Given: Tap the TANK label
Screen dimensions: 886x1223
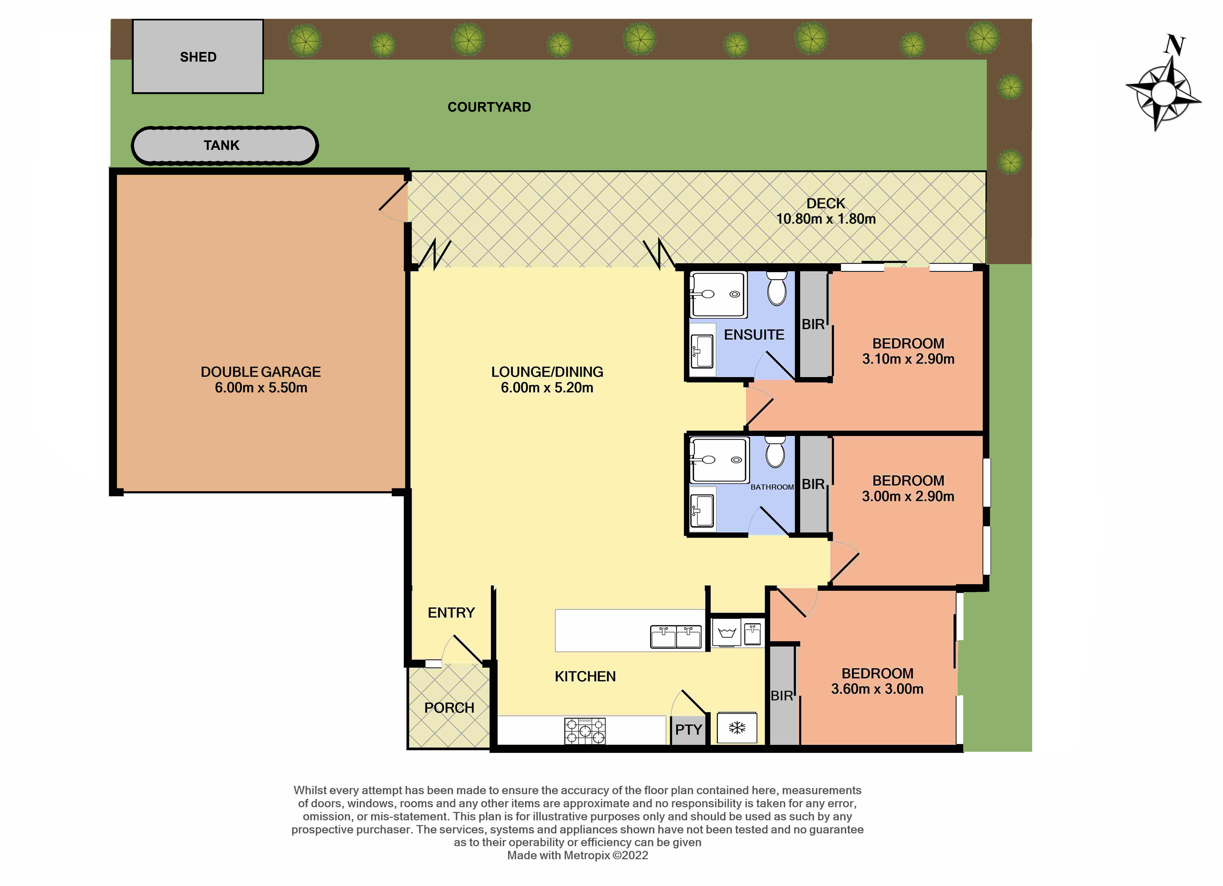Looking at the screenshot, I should (x=221, y=145).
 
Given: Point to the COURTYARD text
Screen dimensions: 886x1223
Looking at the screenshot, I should (x=489, y=107).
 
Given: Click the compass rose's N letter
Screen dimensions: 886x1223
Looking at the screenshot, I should (x=1174, y=45).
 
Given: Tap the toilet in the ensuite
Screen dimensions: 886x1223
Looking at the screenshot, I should (x=777, y=289).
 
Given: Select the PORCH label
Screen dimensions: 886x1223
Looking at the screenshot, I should (x=449, y=708).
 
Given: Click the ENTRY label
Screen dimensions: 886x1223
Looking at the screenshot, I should (x=451, y=612).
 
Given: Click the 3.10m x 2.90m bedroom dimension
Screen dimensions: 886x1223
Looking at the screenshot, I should (x=908, y=359).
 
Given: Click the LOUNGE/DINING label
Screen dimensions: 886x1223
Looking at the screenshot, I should (x=547, y=372).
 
